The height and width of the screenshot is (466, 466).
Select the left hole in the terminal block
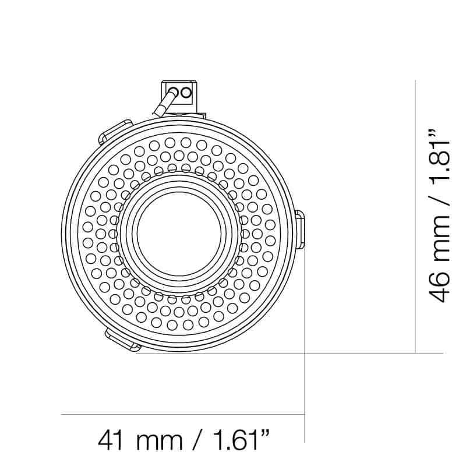[174, 91]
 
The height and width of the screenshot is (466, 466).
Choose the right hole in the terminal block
[186, 91]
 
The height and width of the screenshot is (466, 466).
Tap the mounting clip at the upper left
[114, 131]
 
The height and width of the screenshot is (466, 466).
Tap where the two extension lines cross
[305, 353]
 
